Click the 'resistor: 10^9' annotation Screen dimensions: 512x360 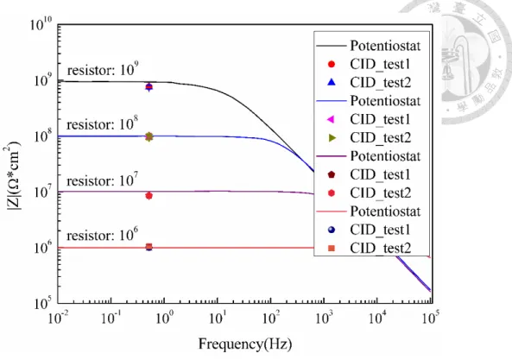pos(103,69)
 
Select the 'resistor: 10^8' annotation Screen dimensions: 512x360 pos(102,123)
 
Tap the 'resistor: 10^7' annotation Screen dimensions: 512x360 pos(102,180)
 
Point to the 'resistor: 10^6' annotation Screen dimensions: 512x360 pos(102,234)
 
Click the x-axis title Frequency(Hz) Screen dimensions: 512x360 pos(245,344)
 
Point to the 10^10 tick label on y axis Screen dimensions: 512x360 pos(41,24)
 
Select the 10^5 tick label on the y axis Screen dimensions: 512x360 pos(43,303)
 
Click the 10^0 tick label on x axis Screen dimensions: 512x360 pos(164,318)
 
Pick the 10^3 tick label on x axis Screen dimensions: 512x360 pos(324,318)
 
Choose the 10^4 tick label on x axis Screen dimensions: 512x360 pos(377,318)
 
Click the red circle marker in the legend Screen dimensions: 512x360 pos(331,64)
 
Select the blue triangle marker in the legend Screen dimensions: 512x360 pos(331,82)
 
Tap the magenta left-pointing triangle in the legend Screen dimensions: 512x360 pos(331,119)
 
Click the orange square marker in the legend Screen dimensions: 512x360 pos(332,249)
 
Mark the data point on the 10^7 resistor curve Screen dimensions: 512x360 pos(149,195)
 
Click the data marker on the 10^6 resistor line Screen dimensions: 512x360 pos(149,247)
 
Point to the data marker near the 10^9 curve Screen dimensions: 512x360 pos(149,87)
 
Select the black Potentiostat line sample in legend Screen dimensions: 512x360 pos(331,46)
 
